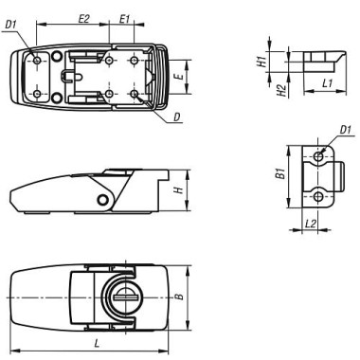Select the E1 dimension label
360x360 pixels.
click(126, 18)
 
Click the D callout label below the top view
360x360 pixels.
click(177, 117)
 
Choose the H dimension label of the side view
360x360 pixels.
click(178, 189)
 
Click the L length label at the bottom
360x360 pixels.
click(94, 340)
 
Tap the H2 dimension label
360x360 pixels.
click(259, 91)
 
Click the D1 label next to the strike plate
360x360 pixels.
click(345, 129)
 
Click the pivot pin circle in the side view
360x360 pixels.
click(102, 197)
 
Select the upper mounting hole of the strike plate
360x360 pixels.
click(319, 154)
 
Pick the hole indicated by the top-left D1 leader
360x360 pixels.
click(37, 60)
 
